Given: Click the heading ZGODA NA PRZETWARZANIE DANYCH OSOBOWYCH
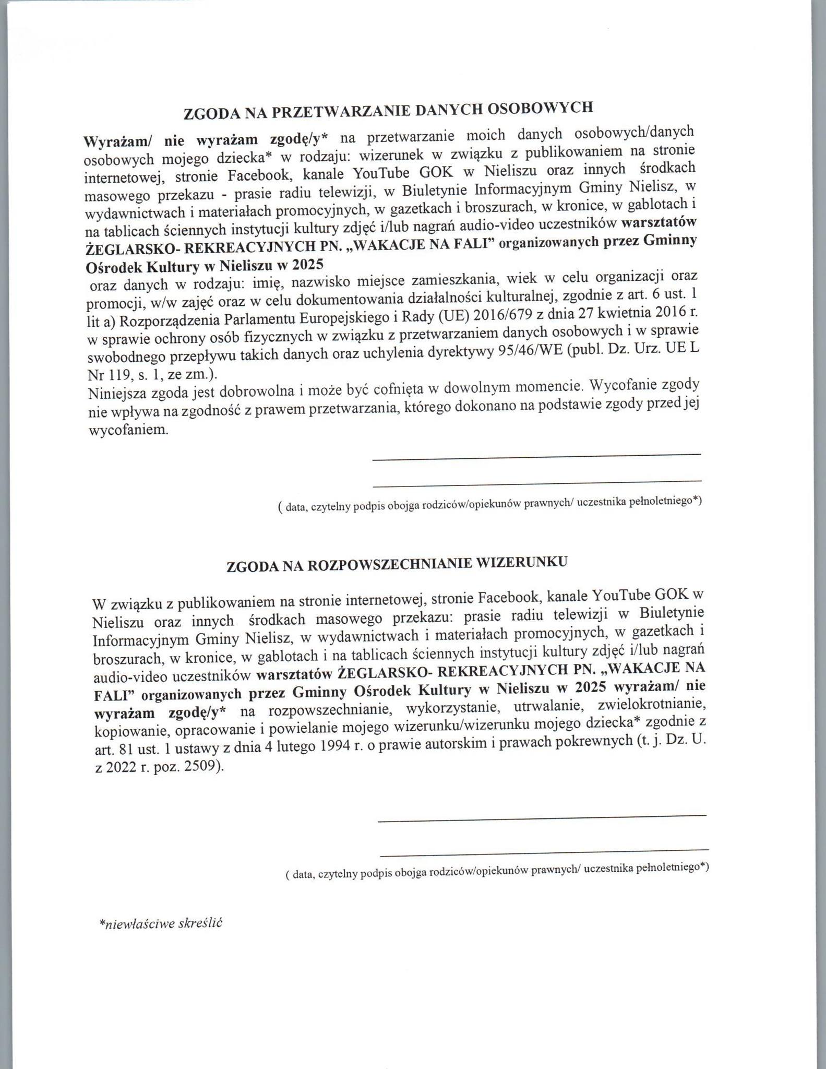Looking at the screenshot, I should pos(389,111).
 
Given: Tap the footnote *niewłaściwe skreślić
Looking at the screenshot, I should pos(161,922).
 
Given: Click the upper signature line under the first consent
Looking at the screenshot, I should pos(536,457).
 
